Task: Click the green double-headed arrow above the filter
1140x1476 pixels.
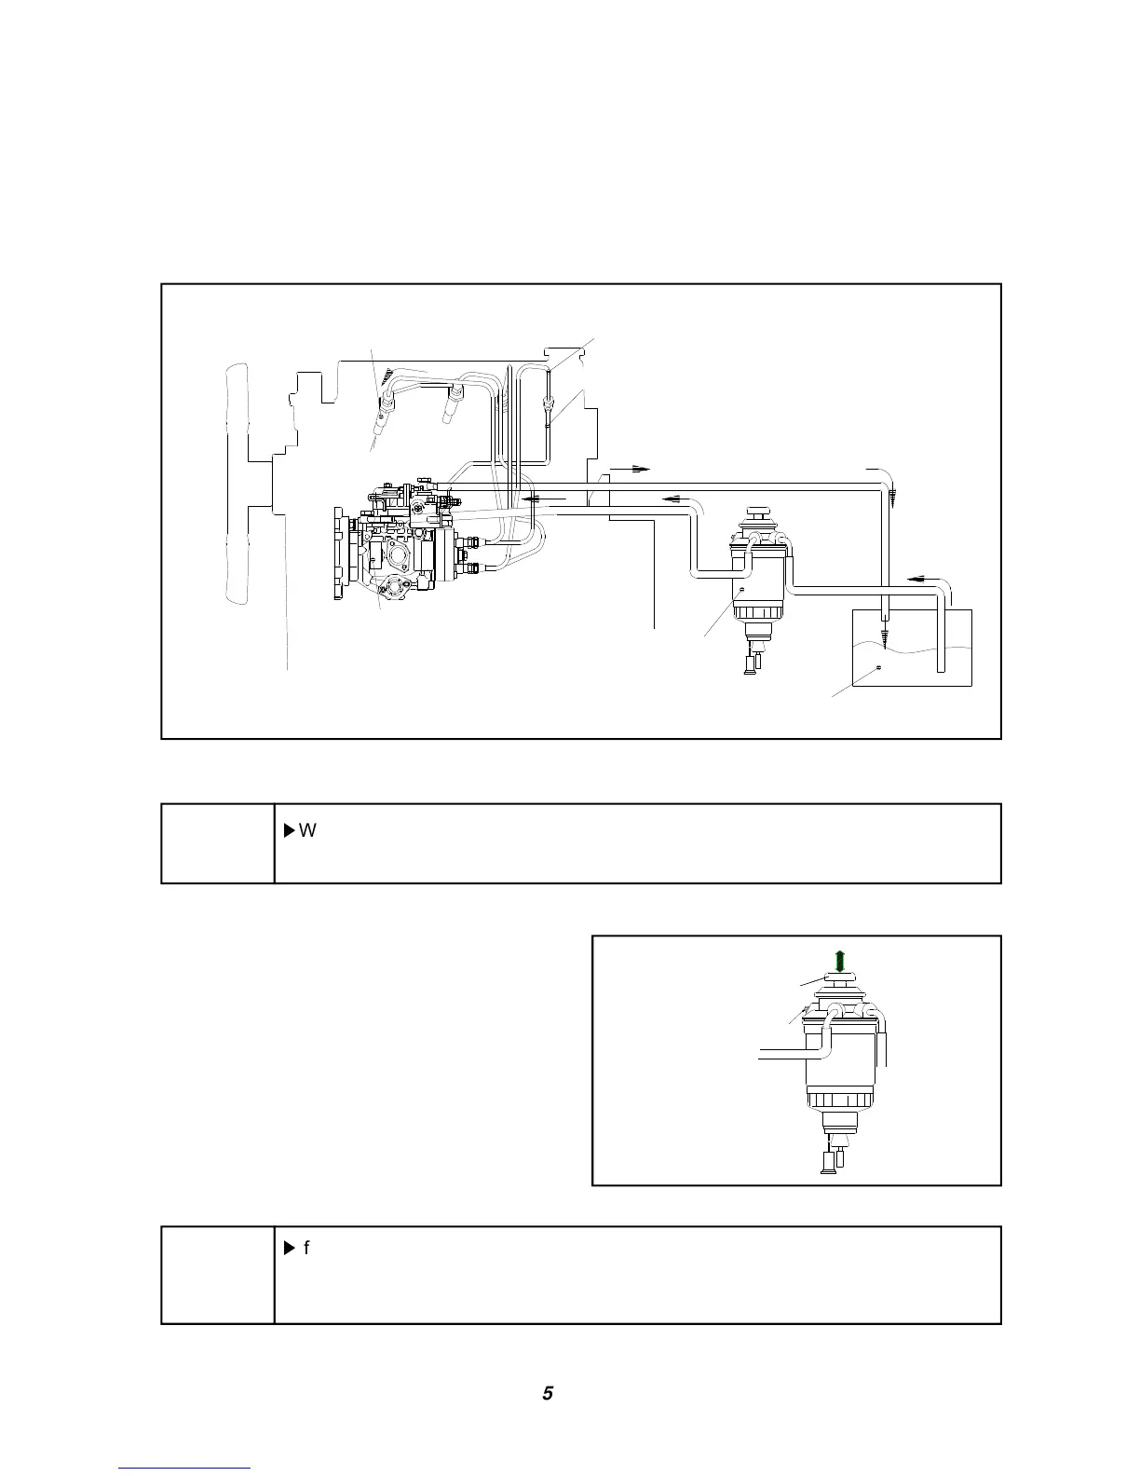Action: [839, 961]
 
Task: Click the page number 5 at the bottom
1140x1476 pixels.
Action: [548, 1393]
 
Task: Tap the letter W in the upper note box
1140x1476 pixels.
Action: [308, 830]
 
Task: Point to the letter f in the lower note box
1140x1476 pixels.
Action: [306, 1247]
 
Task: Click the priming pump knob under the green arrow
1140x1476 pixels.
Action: [839, 981]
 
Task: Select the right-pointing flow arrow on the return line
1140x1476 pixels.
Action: [629, 469]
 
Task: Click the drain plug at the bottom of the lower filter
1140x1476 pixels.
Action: [827, 1160]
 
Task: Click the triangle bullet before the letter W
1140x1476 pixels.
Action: [288, 830]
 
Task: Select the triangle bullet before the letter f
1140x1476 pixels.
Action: [288, 1247]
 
